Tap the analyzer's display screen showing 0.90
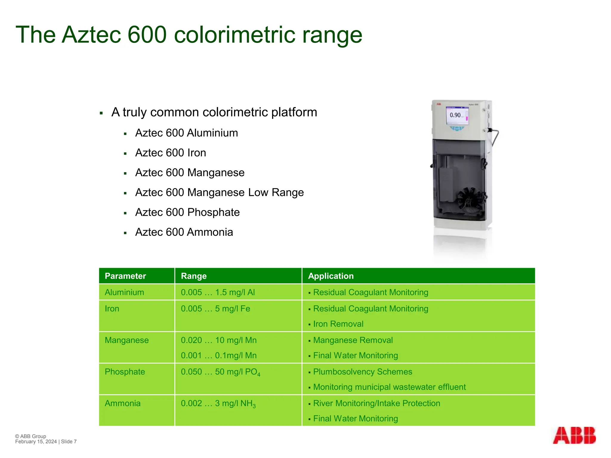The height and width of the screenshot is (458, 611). click(456, 115)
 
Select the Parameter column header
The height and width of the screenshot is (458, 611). click(125, 276)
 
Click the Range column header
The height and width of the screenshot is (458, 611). click(194, 276)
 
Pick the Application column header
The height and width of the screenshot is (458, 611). click(331, 276)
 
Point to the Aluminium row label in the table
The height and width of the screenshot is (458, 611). click(124, 292)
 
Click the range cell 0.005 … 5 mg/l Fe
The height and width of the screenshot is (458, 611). click(215, 309)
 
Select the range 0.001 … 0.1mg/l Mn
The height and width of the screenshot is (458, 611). click(219, 355)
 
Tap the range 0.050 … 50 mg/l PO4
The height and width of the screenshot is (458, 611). click(220, 372)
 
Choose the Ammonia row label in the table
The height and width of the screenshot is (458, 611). click(123, 403)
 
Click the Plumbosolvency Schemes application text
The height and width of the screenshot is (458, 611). click(362, 372)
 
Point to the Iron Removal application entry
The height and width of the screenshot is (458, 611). click(338, 324)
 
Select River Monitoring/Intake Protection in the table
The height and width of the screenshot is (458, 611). click(377, 403)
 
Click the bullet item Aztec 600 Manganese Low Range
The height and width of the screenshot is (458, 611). click(219, 193)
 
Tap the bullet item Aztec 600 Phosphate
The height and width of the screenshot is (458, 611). click(187, 212)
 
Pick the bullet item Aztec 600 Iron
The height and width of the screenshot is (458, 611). click(171, 153)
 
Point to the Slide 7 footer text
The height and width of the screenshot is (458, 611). click(69, 442)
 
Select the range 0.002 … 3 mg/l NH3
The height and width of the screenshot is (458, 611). click(218, 404)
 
